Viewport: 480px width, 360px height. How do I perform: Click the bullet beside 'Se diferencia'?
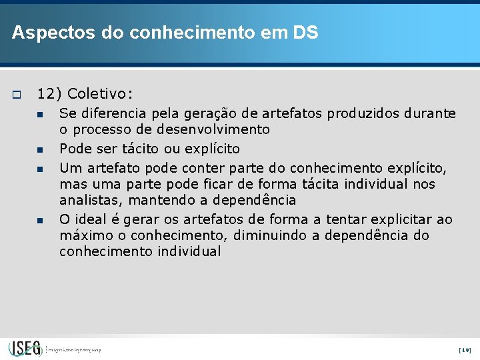coord(41,114)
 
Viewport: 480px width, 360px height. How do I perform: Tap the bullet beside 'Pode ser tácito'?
coord(41,149)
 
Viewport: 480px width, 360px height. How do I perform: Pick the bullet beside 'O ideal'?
coord(41,219)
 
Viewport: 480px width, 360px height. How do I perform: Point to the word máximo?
coord(83,236)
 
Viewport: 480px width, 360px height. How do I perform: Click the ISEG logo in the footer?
coord(25,348)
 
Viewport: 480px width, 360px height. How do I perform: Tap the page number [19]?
coord(465,349)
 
